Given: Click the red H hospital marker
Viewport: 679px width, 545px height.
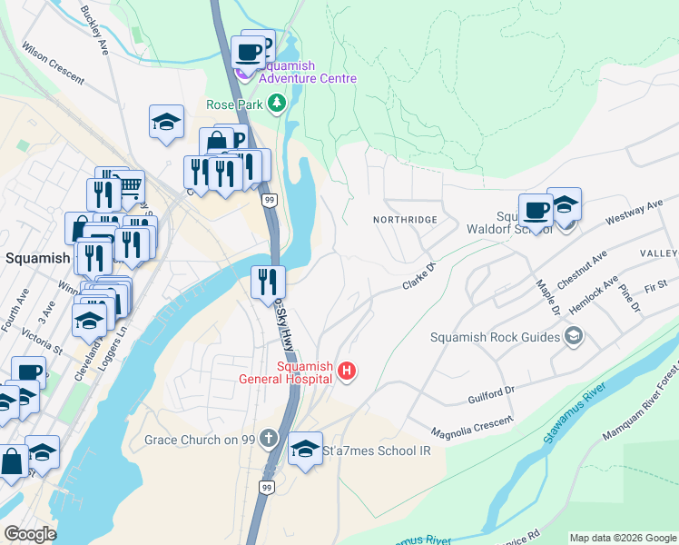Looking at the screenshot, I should point(346,371).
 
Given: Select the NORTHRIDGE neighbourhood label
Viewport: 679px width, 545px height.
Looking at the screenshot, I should point(405,220).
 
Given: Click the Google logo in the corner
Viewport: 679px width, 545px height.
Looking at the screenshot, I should point(30,533).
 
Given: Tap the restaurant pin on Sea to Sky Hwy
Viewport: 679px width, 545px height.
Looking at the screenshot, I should point(268,282).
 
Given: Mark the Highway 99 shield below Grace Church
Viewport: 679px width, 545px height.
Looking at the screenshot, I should point(266,488).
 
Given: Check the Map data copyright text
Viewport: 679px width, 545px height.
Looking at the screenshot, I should point(622,537).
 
